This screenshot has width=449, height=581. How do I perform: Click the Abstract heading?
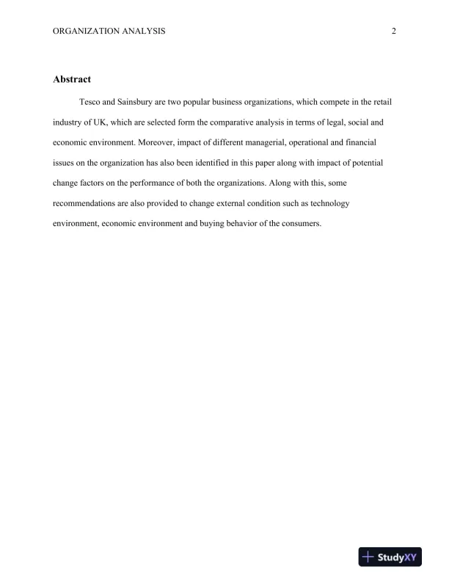[71, 78]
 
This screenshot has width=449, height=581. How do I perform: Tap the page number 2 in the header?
[394, 31]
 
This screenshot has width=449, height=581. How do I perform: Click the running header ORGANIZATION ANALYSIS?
[109, 31]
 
